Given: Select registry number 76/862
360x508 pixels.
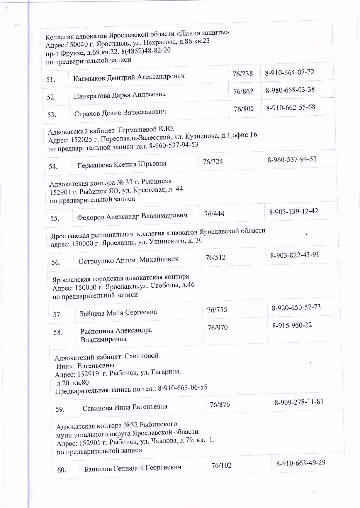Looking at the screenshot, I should click(x=243, y=91).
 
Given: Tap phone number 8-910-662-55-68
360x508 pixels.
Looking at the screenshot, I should click(x=291, y=108).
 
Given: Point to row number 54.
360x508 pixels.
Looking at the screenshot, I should click(x=53, y=166).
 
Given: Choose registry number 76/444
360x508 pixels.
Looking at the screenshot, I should click(x=214, y=214).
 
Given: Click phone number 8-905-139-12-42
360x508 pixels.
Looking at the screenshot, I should click(x=293, y=212).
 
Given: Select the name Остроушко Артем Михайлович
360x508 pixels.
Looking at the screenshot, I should click(x=129, y=260).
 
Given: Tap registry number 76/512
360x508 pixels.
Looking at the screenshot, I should click(x=215, y=258).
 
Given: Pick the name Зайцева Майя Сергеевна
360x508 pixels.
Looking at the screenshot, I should click(x=118, y=313).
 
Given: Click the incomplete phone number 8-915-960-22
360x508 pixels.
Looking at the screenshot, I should click(x=292, y=325).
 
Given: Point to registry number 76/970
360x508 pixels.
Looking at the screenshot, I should click(x=217, y=328).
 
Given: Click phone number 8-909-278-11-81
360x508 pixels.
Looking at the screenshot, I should click(x=299, y=402).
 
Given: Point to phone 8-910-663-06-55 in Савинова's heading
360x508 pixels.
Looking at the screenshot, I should click(x=182, y=387).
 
